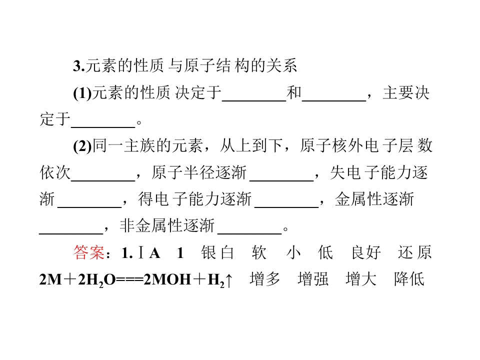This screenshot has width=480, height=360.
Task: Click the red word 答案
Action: click(x=89, y=253)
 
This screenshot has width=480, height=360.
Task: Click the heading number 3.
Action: click(x=78, y=66)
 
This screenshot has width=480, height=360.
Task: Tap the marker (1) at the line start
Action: click(x=82, y=93)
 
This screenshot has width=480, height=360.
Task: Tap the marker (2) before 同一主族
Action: click(x=82, y=146)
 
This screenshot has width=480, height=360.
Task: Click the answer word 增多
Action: click(x=265, y=279)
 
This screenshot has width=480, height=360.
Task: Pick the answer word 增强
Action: click(x=313, y=279)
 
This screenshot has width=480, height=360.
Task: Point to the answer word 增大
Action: click(x=361, y=279)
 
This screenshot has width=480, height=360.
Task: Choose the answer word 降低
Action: click(x=409, y=279)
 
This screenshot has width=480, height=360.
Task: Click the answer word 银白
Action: click(x=217, y=253)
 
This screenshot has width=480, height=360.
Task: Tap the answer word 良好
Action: click(x=366, y=253)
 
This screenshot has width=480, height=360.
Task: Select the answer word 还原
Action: click(x=415, y=253)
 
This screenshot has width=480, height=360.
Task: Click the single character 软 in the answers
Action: click(x=259, y=253)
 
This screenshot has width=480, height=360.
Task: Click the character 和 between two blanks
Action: click(x=294, y=93)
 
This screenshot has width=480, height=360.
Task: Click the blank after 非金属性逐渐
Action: click(x=250, y=234)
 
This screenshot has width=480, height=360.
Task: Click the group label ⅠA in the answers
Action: click(x=149, y=253)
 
